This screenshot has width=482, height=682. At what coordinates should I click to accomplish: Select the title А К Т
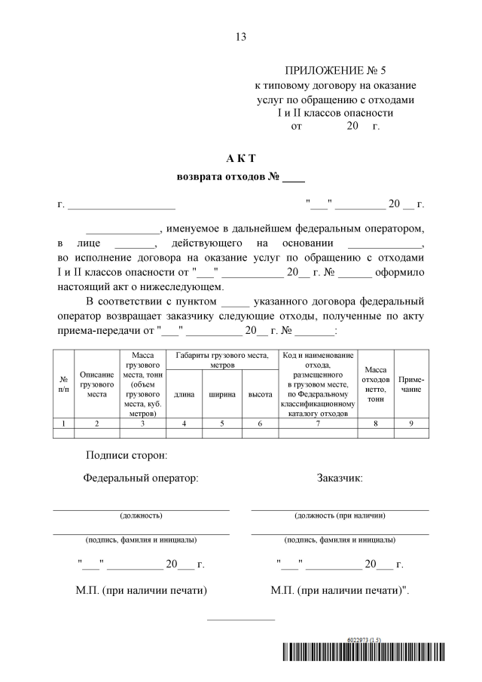[241, 158]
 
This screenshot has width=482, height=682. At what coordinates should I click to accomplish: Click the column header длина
[184, 394]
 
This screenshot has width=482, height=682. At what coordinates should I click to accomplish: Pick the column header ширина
[222, 394]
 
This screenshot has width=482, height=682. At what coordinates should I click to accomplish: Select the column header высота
[260, 394]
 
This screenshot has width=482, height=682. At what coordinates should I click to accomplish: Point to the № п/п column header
[63, 384]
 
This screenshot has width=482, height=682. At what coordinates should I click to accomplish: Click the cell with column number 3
[142, 424]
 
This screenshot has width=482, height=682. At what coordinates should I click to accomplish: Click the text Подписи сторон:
[127, 455]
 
